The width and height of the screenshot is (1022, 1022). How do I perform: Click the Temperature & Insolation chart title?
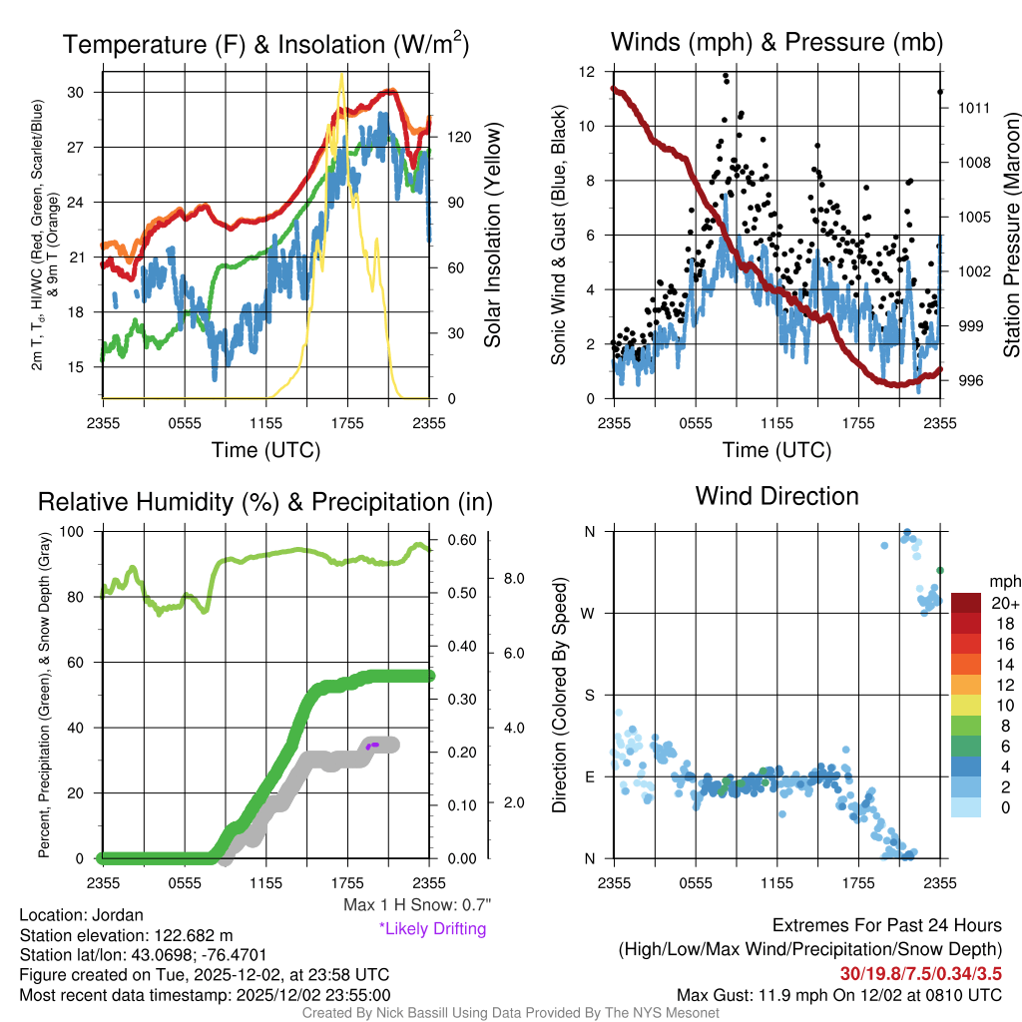(265, 44)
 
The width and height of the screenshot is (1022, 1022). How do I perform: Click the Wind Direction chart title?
(776, 496)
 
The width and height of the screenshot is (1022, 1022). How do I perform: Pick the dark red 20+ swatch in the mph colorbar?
(967, 603)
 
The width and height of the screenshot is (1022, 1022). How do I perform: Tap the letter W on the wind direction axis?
(590, 613)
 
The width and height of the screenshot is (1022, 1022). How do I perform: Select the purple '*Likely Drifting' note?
(432, 929)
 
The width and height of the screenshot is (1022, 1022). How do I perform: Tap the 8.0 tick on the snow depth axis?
(514, 578)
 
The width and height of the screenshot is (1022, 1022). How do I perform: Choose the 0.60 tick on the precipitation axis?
(459, 540)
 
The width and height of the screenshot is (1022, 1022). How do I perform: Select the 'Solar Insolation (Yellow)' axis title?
(492, 236)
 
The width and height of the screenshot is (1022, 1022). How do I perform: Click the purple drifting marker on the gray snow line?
(372, 745)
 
